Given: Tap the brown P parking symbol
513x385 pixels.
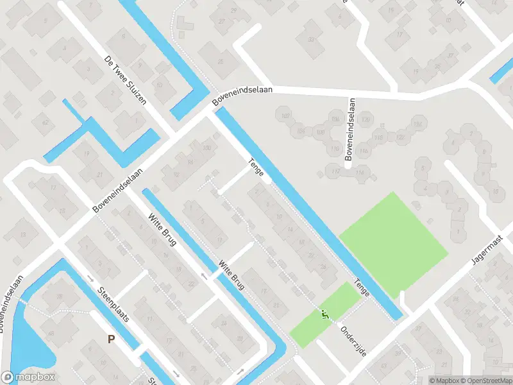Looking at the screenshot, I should (x=111, y=339).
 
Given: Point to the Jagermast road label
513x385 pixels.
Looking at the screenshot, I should (x=487, y=251).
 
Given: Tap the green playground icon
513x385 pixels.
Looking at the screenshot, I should (x=324, y=314).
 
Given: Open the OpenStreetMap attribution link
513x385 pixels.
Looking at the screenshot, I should (x=484, y=381).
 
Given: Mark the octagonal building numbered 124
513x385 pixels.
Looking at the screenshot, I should (x=419, y=124).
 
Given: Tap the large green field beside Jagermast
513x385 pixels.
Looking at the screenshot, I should (x=392, y=235).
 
